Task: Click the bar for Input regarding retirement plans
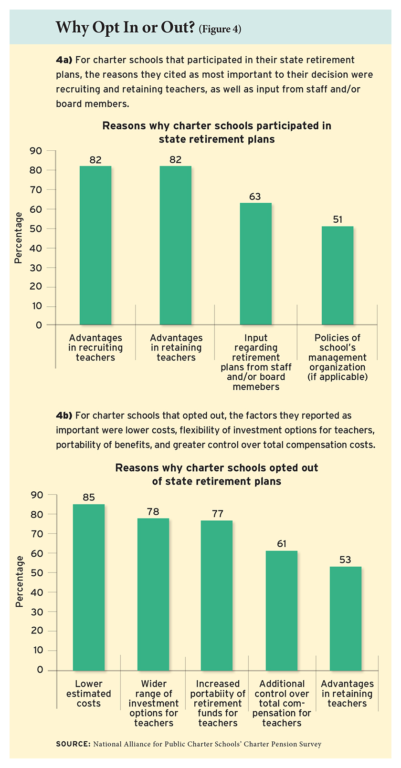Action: (256, 264)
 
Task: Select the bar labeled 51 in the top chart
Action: (338, 275)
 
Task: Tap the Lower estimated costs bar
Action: (89, 587)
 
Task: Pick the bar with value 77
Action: (217, 595)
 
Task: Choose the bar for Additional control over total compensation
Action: (282, 611)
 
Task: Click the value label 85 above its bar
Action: (89, 498)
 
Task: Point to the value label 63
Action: (256, 197)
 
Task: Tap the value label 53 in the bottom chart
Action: (346, 560)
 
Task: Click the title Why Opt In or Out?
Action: (125, 28)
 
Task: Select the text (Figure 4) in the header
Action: (220, 30)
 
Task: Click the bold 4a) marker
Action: (63, 60)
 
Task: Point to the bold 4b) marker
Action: (63, 415)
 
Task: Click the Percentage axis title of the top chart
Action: (19, 238)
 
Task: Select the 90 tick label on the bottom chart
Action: (37, 495)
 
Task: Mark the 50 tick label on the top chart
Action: (37, 228)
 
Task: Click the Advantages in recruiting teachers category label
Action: (95, 348)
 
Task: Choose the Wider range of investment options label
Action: (154, 703)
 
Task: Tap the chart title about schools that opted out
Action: (217, 474)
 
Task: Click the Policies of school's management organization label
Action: (338, 357)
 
